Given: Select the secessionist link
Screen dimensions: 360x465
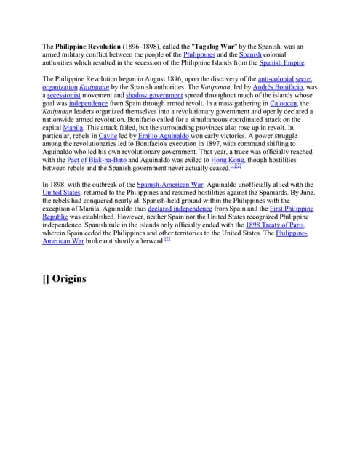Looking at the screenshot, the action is (69, 95).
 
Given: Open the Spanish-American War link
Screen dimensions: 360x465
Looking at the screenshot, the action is (170, 185).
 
